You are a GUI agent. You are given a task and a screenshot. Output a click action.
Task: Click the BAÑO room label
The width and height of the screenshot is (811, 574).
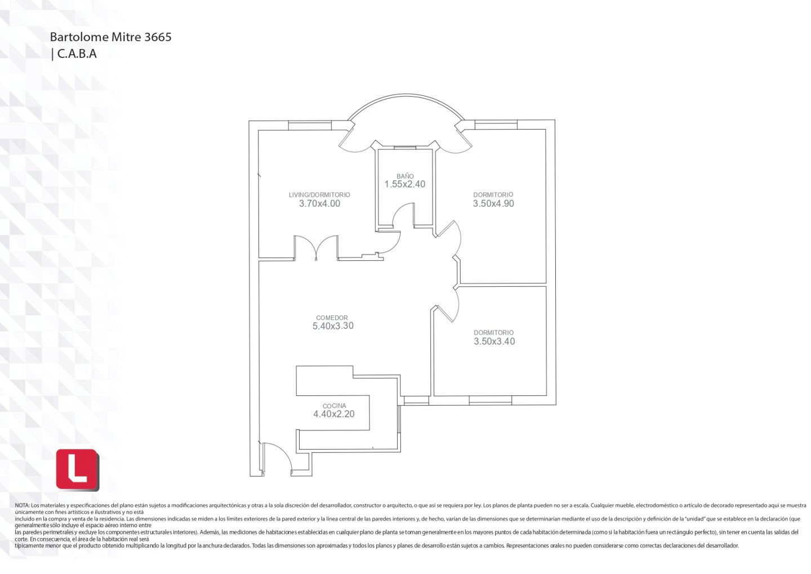[x=405, y=176]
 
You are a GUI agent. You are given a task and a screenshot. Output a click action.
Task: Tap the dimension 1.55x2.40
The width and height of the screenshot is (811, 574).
[x=405, y=184]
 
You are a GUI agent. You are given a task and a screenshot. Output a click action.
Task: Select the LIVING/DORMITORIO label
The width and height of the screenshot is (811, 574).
[x=319, y=195]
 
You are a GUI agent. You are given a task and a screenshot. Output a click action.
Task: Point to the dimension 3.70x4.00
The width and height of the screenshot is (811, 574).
[x=320, y=203]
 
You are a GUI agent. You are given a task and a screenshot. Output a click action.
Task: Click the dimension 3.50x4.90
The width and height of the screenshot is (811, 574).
[x=493, y=203]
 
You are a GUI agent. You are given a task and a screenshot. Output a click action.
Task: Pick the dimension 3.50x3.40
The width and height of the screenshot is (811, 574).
[x=494, y=341]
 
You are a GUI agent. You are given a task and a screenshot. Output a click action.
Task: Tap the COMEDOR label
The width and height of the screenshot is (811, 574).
[x=332, y=318]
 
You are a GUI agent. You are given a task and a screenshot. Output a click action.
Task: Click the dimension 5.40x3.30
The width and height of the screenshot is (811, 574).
[x=333, y=326]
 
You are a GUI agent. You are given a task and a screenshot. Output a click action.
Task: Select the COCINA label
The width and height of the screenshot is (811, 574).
[x=334, y=406]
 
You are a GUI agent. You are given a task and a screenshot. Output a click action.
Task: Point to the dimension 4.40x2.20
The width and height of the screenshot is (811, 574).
[x=334, y=414]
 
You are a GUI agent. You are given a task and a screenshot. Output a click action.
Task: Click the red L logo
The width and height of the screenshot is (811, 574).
[x=78, y=470]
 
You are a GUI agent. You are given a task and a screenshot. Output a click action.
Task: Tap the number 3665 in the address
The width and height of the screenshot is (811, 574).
[x=158, y=37]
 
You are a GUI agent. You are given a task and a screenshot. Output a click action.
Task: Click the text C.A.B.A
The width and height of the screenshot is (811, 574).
[x=77, y=54]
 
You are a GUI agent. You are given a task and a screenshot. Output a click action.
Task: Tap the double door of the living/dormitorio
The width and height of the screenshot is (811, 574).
[x=316, y=248]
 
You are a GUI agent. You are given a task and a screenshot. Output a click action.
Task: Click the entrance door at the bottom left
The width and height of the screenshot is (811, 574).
[x=277, y=458]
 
